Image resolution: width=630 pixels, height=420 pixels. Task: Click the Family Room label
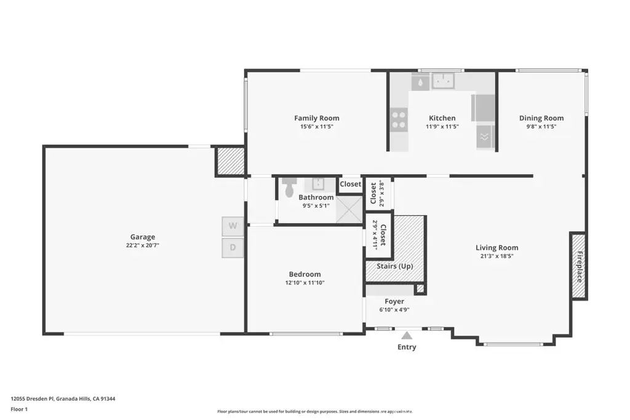coord(317,118)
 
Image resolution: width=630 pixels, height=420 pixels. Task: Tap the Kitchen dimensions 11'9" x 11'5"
coord(442,127)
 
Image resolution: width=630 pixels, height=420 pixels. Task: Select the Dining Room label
coord(541,118)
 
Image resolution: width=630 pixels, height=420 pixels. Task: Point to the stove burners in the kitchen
coord(399,120)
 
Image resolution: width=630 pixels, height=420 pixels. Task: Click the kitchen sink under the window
coord(443,81)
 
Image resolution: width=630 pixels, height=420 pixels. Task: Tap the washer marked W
coord(233,226)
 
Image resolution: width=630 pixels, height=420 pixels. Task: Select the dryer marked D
coord(233,248)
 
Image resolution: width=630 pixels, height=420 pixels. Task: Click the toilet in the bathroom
coord(289,188)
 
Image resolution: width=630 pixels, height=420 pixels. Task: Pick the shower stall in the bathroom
coord(349,209)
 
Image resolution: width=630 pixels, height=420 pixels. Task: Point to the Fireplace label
coord(580,267)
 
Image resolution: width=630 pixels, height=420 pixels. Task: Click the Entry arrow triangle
coord(407,335)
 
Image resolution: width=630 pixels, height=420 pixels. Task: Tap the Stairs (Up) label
coord(395,266)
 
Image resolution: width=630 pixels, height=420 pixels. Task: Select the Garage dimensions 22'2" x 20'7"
coord(143,245)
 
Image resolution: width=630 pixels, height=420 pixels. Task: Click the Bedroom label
coord(305,274)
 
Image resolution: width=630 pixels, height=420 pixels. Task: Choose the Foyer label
coord(394,301)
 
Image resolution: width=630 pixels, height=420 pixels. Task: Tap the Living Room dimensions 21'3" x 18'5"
coord(497,256)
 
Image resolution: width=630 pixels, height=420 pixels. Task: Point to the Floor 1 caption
coord(19,409)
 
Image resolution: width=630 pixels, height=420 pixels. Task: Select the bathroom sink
coord(318,184)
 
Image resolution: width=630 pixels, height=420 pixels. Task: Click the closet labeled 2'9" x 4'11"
coord(378,234)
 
